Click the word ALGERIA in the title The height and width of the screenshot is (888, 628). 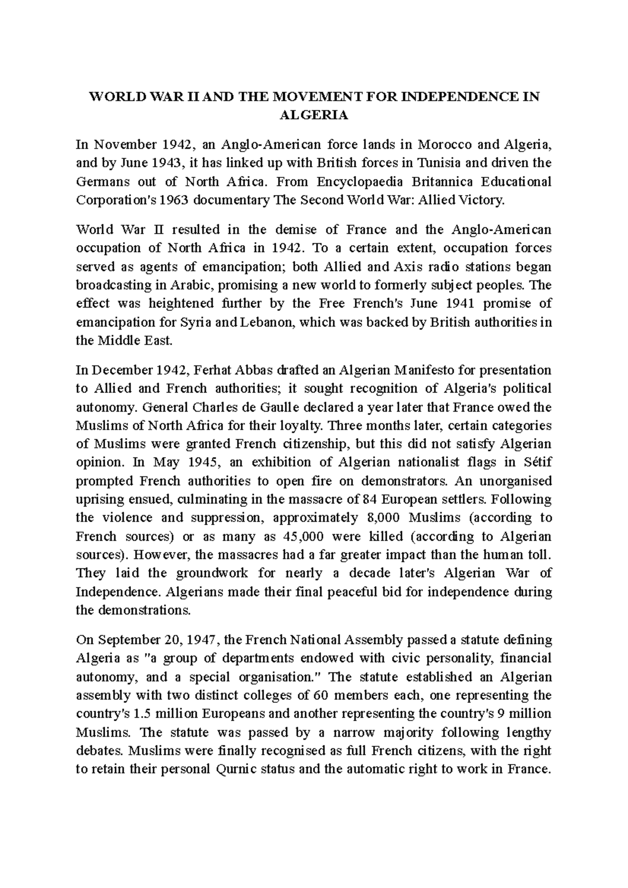point(314,116)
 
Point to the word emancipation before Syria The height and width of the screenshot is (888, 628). point(114,323)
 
